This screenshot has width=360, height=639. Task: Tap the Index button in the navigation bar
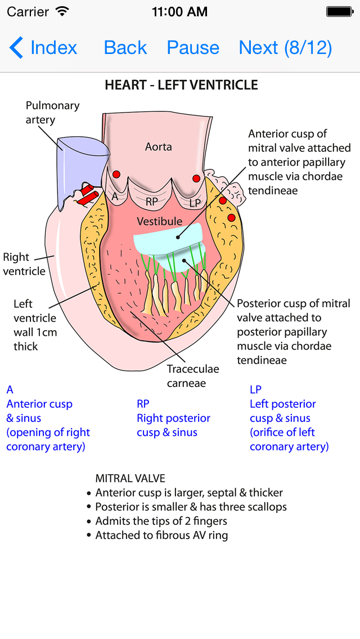pos(44,48)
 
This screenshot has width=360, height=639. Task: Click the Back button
pos(125,48)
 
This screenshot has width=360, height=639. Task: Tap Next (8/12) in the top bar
pos(285,48)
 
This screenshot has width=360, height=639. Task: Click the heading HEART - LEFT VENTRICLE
pos(181,85)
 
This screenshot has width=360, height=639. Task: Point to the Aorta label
pos(158,147)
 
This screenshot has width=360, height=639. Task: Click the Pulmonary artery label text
pos(52,112)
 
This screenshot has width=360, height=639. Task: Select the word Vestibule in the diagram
pos(160,222)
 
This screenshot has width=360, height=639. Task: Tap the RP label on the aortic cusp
pos(151,201)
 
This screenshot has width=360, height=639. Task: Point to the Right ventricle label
pos(24,264)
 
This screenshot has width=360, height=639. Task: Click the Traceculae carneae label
pos(193,376)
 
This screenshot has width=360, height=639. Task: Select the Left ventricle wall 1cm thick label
pos(35,325)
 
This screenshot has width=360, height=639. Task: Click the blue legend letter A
pos(10,389)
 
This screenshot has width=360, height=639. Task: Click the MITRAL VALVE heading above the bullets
pos(130,479)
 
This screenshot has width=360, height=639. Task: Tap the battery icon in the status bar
pos(339,11)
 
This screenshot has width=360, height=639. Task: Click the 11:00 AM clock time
pos(179,11)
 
